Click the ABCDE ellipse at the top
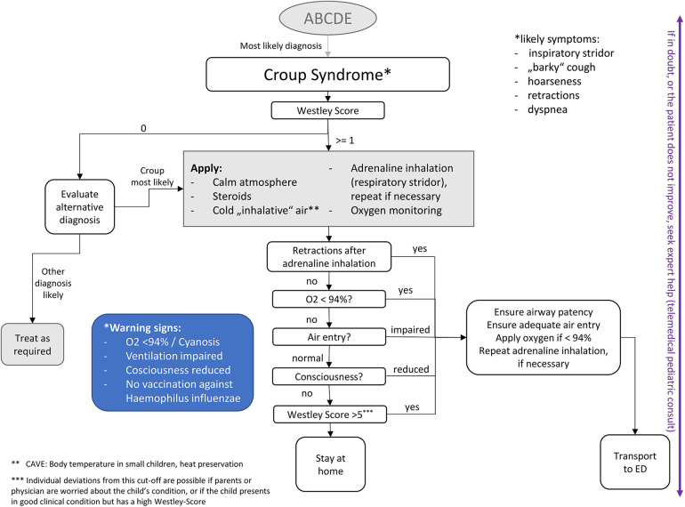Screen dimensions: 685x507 pos(327,19)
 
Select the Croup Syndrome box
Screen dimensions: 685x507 pos(327,74)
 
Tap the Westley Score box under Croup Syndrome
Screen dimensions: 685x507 pos(327,110)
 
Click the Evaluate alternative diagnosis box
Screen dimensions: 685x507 pos(79,206)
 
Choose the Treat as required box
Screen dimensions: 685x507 pos(32,344)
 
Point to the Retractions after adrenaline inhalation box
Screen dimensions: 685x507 pos(329,257)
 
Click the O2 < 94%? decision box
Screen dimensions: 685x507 pos(329,299)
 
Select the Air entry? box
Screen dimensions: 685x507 pos(329,337)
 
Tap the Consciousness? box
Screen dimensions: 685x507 pos(329,376)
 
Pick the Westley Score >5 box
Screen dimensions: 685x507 pos(330,414)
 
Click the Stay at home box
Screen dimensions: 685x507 pos(330,464)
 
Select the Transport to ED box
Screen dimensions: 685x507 pos(635,462)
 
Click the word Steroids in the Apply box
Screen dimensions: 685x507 pos(232,196)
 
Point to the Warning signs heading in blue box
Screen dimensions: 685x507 pos(142,328)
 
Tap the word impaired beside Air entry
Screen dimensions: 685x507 pos(410,330)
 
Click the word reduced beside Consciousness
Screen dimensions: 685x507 pos(411,369)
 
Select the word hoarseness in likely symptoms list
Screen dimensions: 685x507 pos(554,81)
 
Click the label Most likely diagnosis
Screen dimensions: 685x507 pos(281,46)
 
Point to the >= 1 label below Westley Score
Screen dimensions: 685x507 pos(344,141)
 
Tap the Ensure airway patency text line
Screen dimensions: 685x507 pos(544,312)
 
